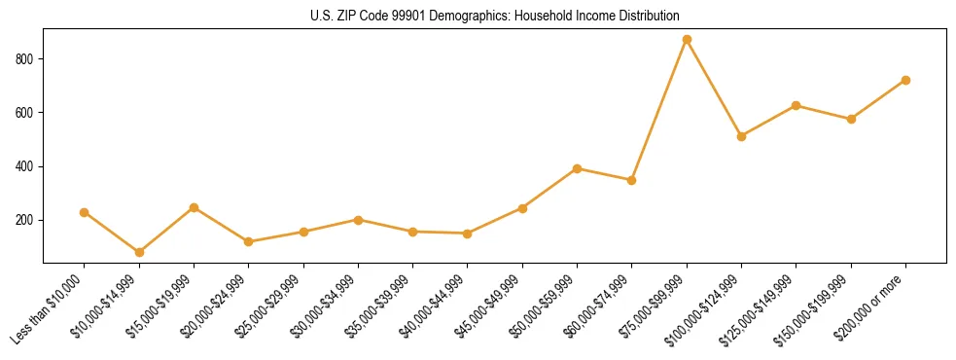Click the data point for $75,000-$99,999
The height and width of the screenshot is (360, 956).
click(687, 40)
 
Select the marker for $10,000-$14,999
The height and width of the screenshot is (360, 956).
click(139, 252)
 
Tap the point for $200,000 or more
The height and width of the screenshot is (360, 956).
click(905, 80)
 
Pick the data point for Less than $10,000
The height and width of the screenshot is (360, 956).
click(85, 212)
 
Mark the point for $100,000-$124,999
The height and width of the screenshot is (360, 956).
click(741, 136)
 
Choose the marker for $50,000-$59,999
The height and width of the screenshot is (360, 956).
click(577, 168)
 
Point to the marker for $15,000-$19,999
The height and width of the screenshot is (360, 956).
click(194, 207)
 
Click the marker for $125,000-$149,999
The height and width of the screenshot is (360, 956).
click(797, 105)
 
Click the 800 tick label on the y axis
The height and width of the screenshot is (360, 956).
click(25, 59)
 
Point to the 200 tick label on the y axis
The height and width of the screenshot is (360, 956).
click(25, 221)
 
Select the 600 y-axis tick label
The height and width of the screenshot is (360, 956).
click(25, 113)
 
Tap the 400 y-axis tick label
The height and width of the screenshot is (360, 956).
click(25, 166)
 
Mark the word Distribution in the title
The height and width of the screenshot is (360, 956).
click(649, 17)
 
